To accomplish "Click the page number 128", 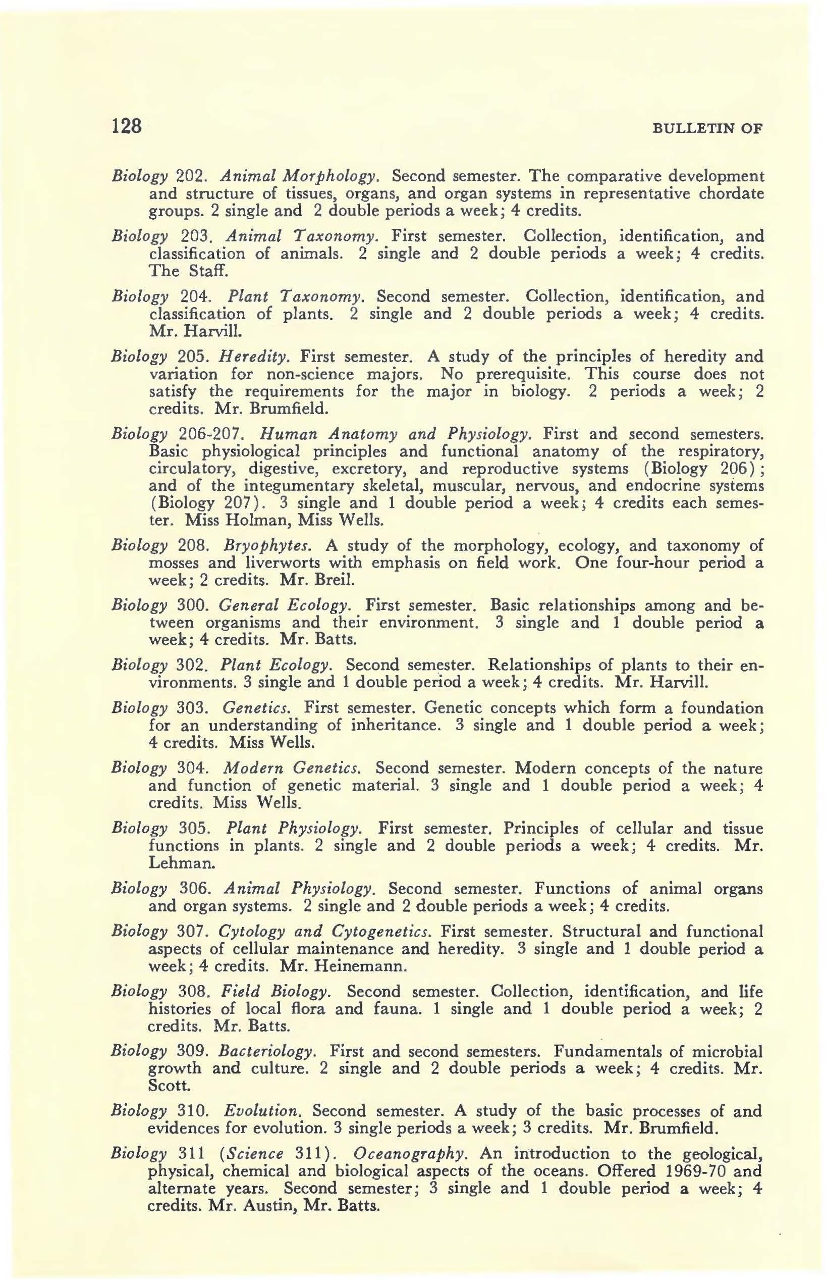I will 126,127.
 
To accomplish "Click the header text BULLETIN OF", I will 707,128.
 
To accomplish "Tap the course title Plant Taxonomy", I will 296,296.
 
